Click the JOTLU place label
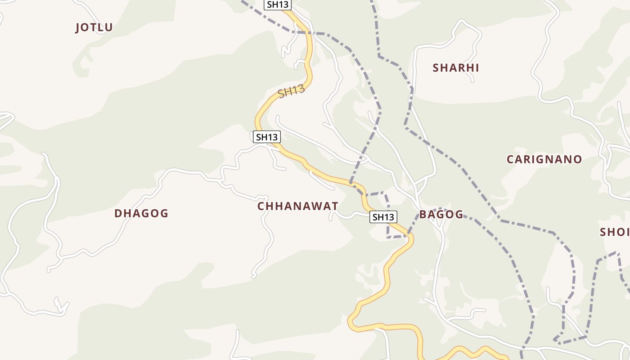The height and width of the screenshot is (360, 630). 94,27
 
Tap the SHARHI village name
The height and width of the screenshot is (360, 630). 456,68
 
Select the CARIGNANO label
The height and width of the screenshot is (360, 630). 544,159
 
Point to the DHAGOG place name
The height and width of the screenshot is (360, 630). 141,213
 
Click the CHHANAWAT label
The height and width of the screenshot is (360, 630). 297,206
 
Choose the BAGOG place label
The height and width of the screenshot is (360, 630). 441,214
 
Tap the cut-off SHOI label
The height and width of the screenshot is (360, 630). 615,232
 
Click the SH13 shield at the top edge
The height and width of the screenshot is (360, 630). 278,5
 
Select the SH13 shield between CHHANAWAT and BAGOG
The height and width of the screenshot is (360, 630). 383,217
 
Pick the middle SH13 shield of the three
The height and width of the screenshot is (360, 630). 267,137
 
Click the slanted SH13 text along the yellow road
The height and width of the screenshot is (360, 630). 291,92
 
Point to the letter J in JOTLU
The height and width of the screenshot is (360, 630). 78,27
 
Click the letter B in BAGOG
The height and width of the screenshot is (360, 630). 423,214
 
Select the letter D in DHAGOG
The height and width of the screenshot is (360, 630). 118,213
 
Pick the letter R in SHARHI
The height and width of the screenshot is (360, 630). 460,68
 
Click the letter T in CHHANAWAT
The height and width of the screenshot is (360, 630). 334,206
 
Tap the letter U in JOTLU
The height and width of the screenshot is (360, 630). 109,27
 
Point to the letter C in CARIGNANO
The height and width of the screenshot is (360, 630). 511,159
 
